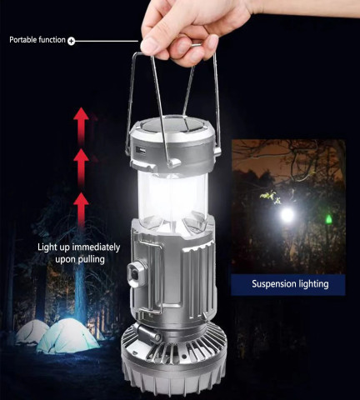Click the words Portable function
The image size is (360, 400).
[x=37, y=40]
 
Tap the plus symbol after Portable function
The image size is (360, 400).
[x=71, y=40]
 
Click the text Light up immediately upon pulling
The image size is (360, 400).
[x=78, y=253]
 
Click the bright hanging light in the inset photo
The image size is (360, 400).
[x=287, y=214]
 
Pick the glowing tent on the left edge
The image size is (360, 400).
[x=32, y=332]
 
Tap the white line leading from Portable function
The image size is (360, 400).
[x=107, y=40]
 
